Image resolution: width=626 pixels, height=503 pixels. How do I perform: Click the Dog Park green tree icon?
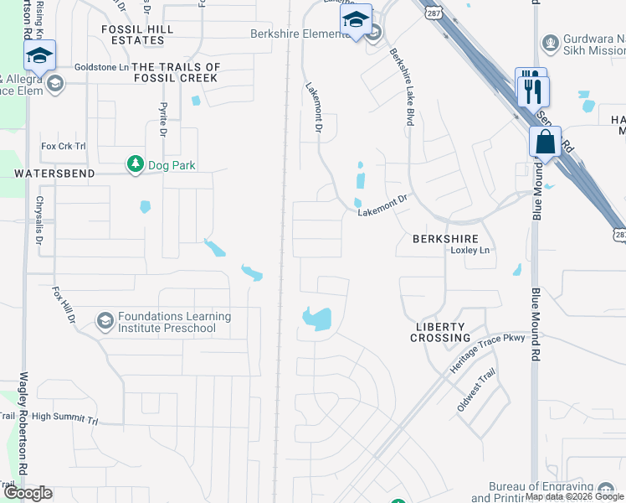tap(134, 164)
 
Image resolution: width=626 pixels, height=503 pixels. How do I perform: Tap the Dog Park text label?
tap(172, 165)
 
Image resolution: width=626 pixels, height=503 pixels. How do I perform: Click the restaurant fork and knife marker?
tap(532, 88)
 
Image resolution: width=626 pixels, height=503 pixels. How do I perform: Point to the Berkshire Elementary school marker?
tap(357, 21)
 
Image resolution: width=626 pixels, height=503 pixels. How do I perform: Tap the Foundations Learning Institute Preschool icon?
tap(105, 321)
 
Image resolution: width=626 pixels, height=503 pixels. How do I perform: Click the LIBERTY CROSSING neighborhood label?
tap(440, 332)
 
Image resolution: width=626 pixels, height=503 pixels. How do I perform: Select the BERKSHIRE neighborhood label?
tap(444, 239)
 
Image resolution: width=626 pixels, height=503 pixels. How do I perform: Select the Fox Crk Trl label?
tap(64, 146)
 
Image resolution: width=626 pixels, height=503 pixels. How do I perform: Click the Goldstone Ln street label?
tap(101, 66)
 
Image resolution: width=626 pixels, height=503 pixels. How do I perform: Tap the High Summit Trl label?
tap(65, 416)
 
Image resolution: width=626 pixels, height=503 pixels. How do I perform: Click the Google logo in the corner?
tap(28, 493)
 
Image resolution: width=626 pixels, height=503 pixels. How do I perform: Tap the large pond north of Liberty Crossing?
tap(317, 318)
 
